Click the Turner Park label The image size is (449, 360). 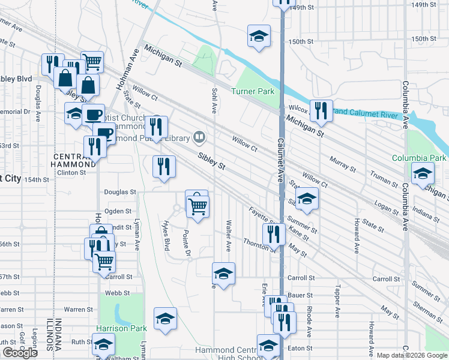click(253, 92)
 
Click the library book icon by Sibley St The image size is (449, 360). click(199, 137)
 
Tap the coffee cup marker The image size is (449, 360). click(93, 114)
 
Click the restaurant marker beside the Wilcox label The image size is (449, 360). click(321, 110)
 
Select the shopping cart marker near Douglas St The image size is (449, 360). click(198, 206)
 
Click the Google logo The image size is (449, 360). click(20, 353)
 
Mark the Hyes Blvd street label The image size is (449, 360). click(165, 234)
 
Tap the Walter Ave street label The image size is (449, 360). click(228, 235)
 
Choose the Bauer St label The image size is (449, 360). click(301, 295)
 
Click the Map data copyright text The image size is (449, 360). click(412, 355)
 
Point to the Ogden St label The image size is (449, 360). click(118, 211)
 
